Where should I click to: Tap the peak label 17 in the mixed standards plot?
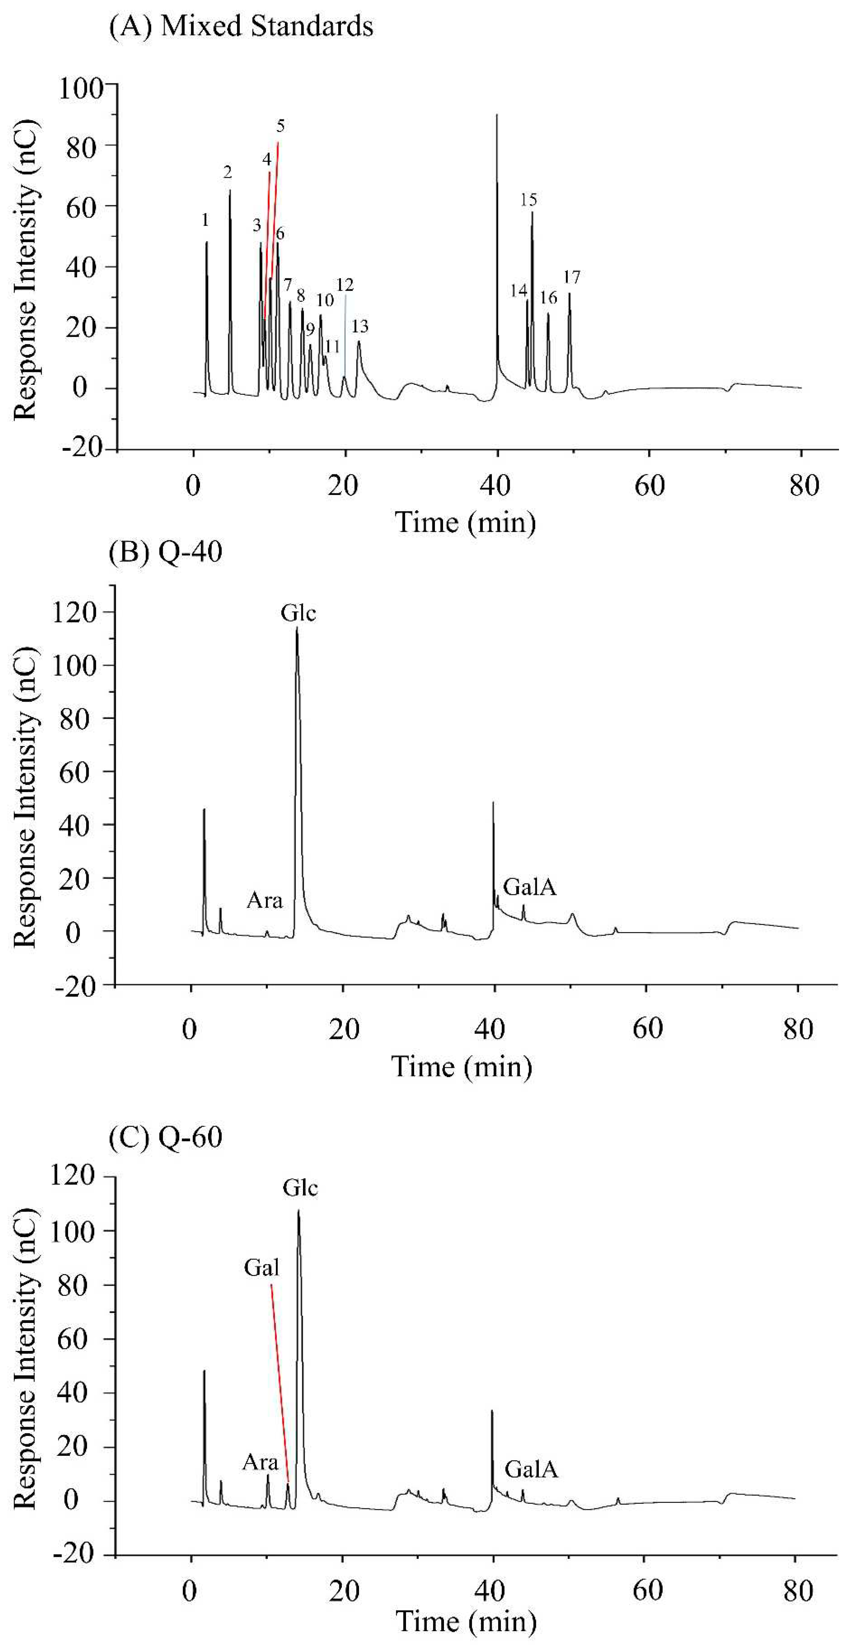(x=571, y=277)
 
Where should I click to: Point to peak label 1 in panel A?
(x=205, y=220)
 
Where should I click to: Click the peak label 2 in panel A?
(x=227, y=172)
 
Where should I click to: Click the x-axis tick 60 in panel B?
(x=647, y=1029)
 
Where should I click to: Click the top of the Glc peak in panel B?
(x=297, y=629)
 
